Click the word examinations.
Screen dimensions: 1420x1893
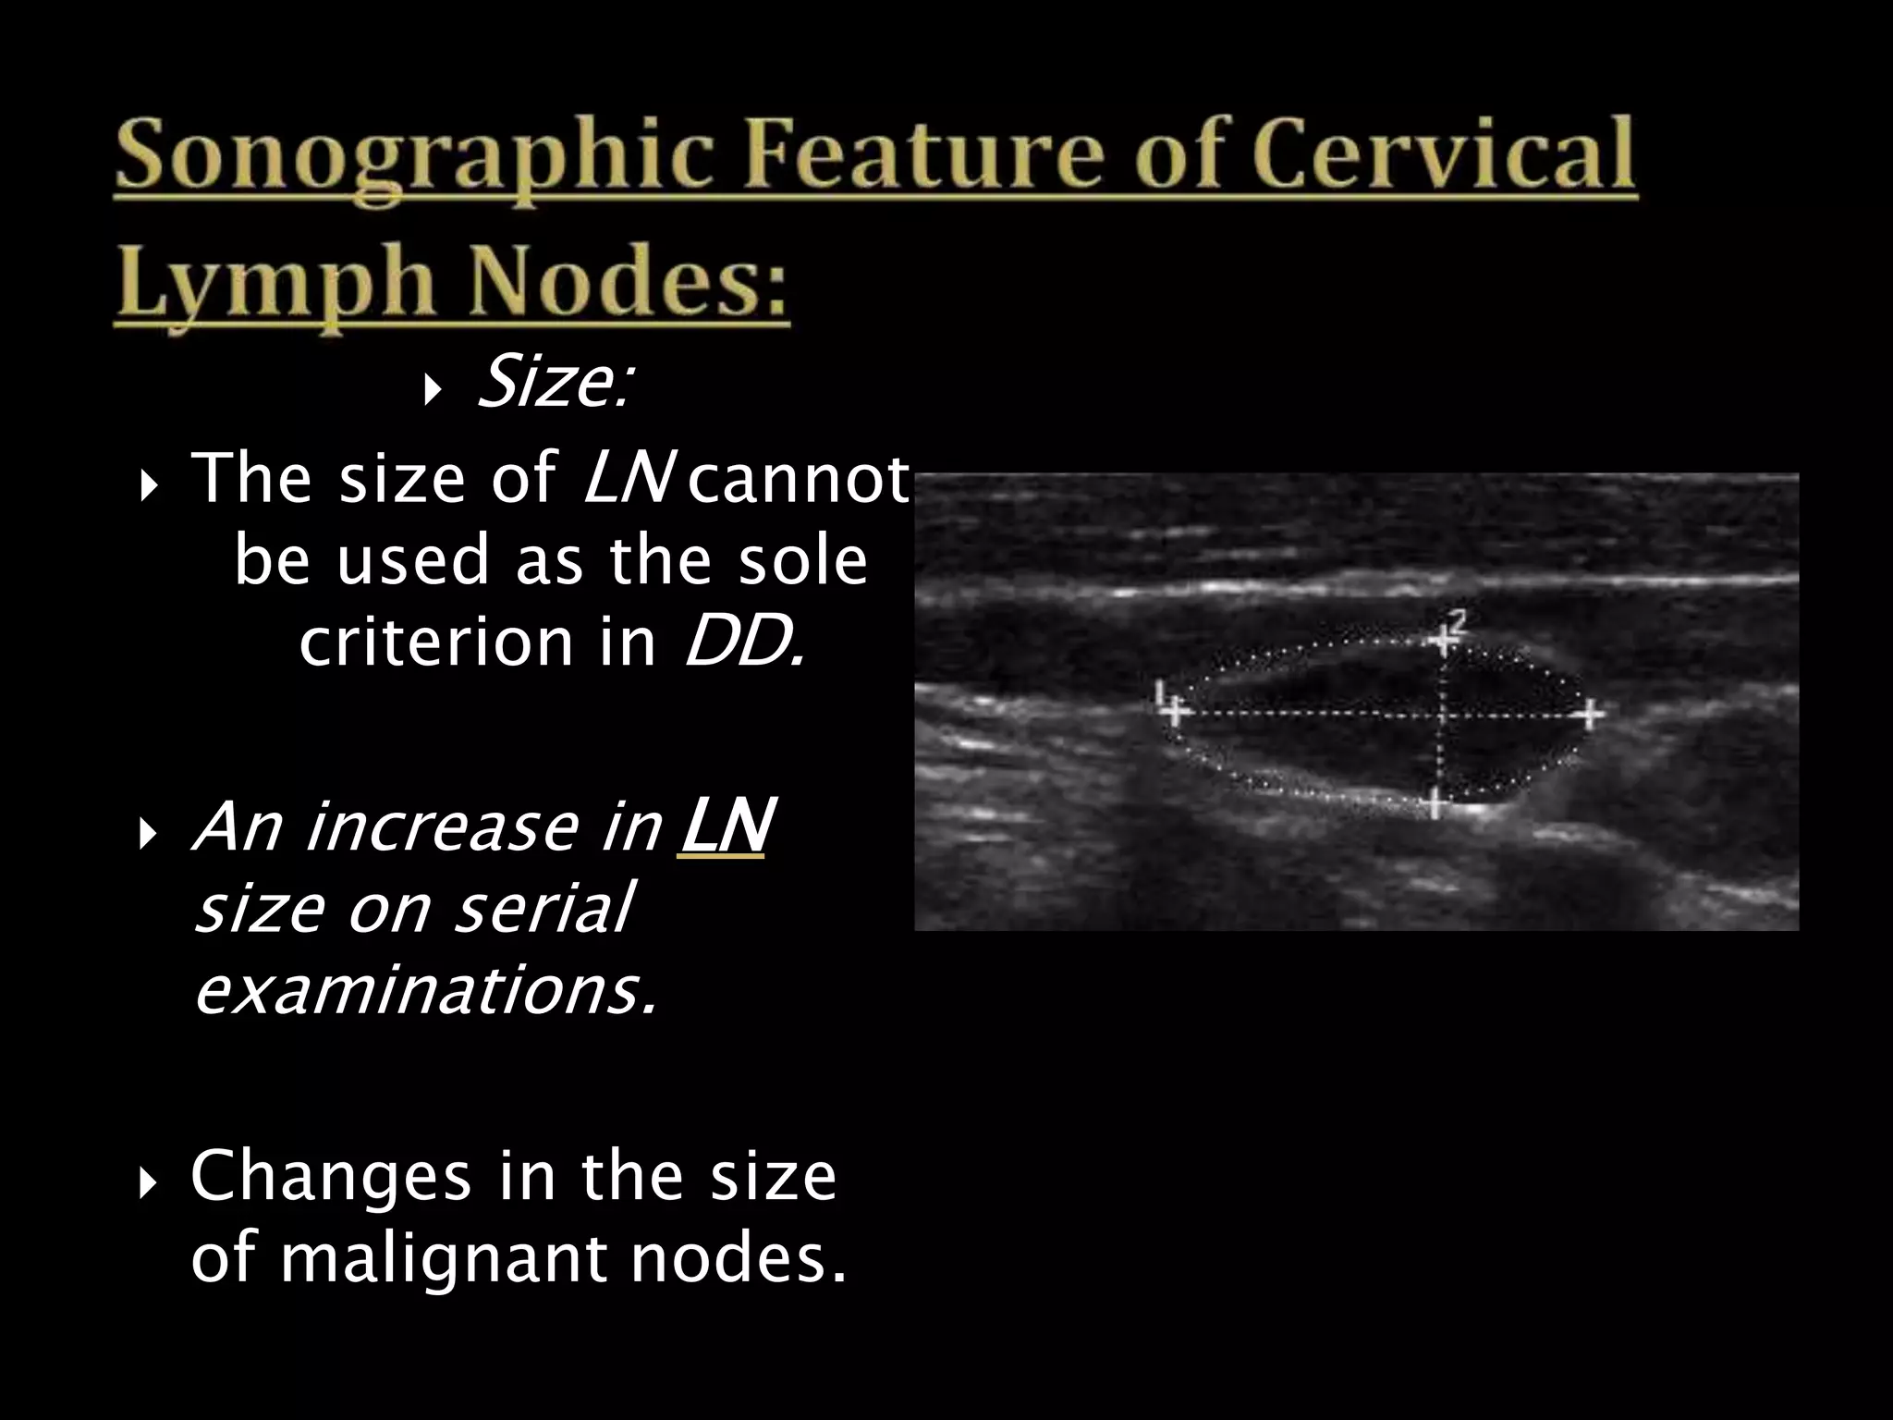[x=425, y=990]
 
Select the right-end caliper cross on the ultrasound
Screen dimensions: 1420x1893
[x=1590, y=714]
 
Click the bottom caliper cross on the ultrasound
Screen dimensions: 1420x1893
[x=1435, y=803]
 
